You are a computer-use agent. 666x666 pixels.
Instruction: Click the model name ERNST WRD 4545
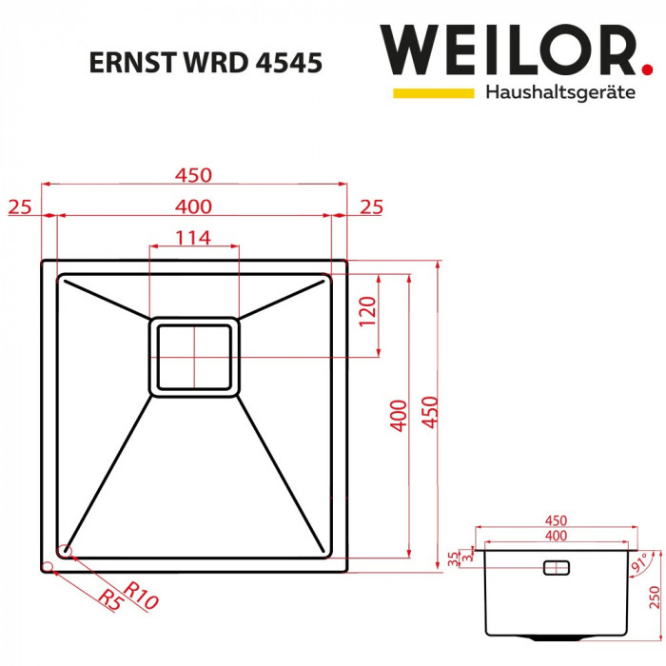205,62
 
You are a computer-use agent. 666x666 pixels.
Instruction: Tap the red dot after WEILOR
647,69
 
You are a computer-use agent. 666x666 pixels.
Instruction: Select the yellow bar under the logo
433,92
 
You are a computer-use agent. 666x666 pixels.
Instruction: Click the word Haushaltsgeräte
559,93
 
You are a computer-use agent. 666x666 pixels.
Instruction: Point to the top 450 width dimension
193,175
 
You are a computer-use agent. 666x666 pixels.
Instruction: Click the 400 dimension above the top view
193,206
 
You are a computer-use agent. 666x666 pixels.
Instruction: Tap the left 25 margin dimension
21,206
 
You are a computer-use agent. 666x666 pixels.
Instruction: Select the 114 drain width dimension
193,238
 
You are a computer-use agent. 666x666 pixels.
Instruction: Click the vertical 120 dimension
368,312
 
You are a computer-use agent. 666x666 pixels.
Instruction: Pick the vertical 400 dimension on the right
400,416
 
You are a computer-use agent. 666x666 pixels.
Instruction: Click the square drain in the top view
194,357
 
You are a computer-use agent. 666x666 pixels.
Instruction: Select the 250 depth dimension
655,597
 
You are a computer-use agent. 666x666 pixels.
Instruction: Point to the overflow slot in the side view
556,568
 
